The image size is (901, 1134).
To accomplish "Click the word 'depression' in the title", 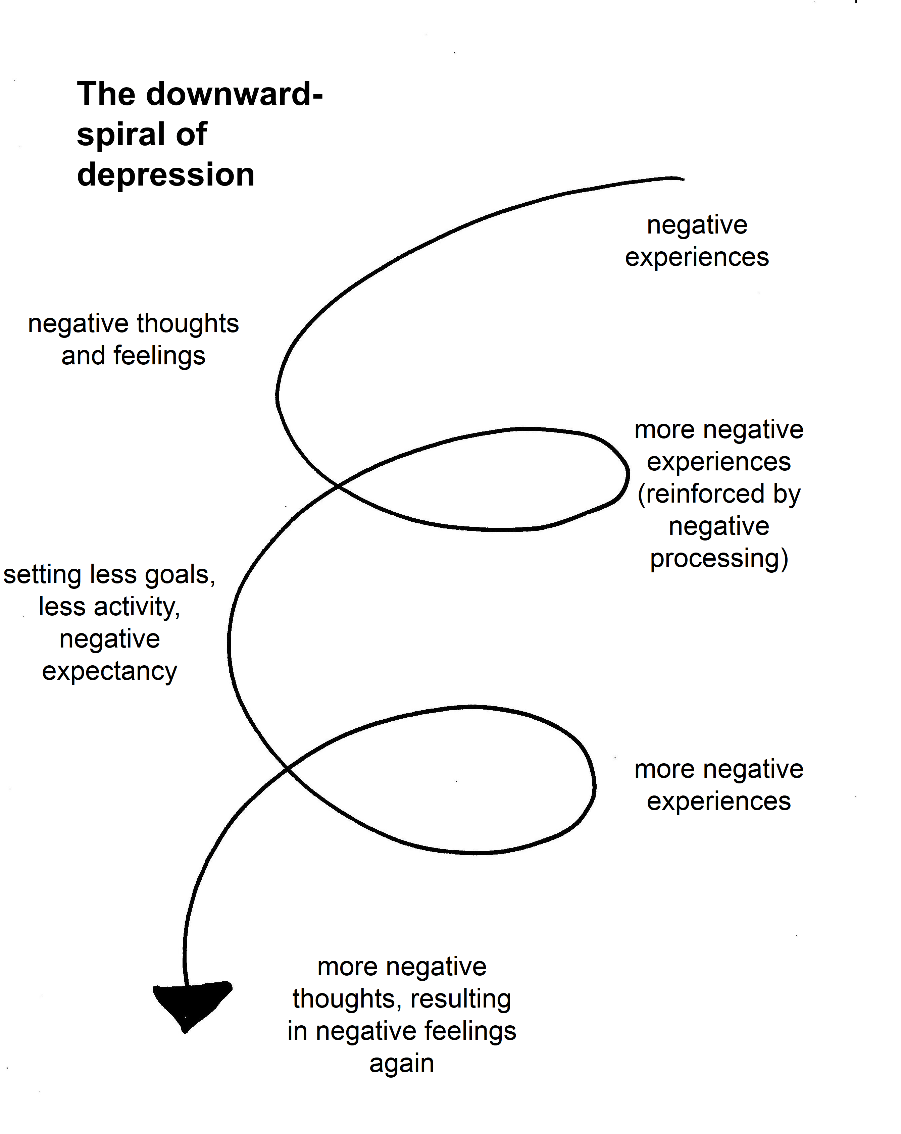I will point(166,174).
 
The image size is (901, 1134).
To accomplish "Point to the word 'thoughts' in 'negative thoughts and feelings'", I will point(188,323).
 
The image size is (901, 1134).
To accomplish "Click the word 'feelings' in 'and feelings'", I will point(159,356).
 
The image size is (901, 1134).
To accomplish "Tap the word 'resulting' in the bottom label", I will point(460,999).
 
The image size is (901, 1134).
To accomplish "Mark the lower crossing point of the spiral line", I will point(287,769).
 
